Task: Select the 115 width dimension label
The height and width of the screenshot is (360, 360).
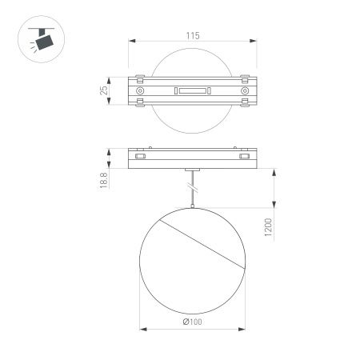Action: [193, 36]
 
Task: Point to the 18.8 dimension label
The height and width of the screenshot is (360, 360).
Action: [104, 182]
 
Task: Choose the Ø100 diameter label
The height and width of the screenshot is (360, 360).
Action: [192, 322]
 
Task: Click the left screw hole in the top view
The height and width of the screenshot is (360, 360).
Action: [141, 93]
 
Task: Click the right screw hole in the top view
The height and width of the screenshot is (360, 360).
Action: [244, 93]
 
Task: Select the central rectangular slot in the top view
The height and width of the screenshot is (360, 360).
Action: [192, 93]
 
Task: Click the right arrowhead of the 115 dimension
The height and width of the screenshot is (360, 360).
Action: [254, 43]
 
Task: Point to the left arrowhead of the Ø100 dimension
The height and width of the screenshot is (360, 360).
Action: [142, 328]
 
